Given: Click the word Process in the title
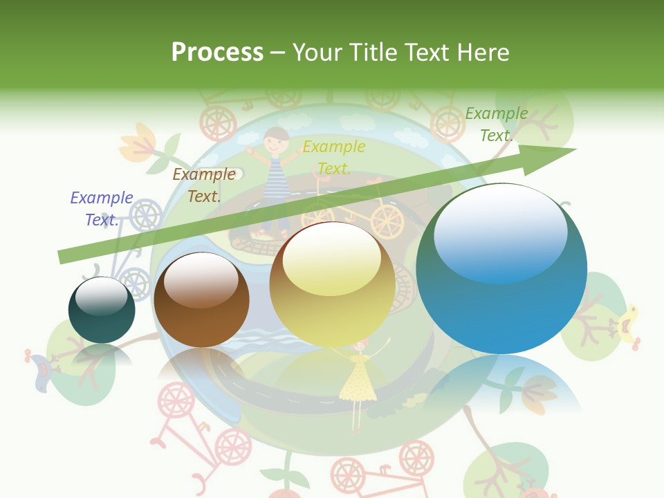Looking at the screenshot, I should pos(217,53).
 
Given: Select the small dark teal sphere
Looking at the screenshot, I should pos(102,311).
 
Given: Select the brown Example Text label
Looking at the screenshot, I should pos(204,185).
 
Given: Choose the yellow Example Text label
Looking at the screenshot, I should pos(334,158).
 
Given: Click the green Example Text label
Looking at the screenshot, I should pos(497,124).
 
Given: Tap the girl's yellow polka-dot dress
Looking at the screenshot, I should pos(358,379).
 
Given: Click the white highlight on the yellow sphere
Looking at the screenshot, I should pos(331,258).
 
